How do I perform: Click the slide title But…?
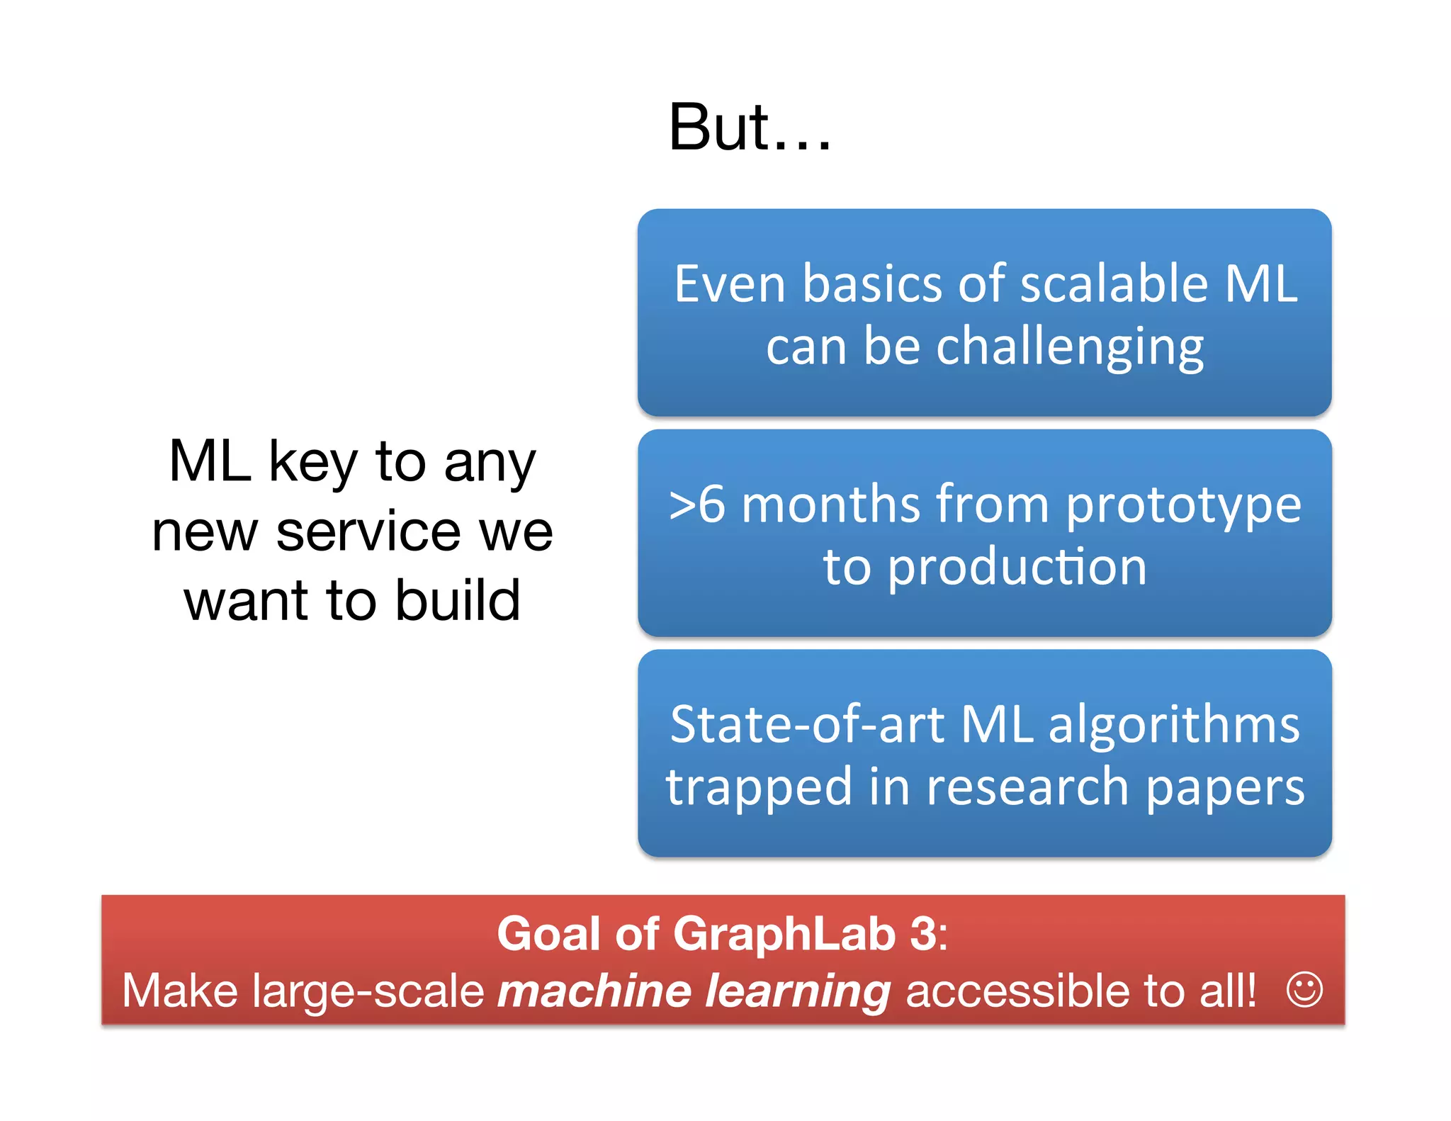[x=749, y=128]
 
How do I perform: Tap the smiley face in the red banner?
[x=1304, y=989]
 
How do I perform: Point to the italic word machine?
[x=594, y=991]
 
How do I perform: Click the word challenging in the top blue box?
[x=1070, y=349]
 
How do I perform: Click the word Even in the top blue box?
[x=730, y=284]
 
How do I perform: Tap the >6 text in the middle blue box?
[x=697, y=505]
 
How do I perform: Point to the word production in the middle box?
[x=1017, y=568]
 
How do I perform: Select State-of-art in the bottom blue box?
[x=808, y=725]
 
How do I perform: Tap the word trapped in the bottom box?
[x=758, y=788]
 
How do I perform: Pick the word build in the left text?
[x=457, y=601]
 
